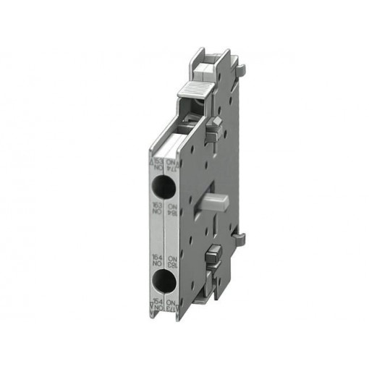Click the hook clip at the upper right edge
click(x=241, y=70)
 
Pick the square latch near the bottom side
click(x=215, y=255)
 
